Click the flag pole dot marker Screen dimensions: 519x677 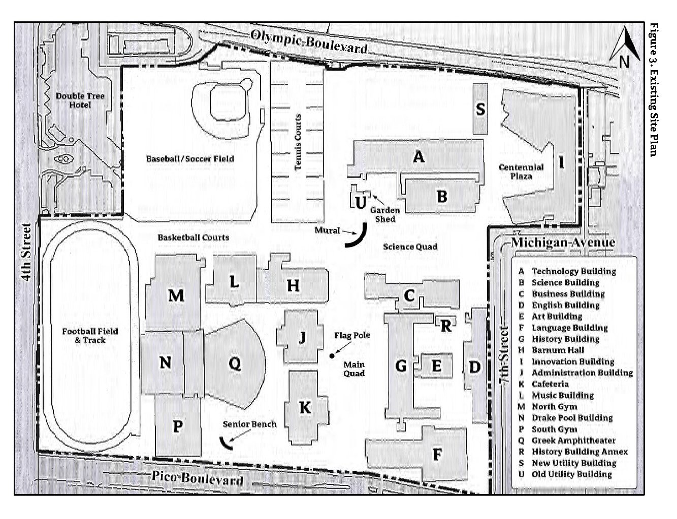click(332, 355)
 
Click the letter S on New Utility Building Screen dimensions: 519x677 click(480, 109)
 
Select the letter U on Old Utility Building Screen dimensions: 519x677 click(360, 202)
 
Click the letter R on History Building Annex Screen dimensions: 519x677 click(445, 326)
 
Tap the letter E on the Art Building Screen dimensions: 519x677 click(436, 366)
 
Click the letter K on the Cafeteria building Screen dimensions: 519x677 click(305, 407)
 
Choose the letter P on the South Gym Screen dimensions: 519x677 click(177, 427)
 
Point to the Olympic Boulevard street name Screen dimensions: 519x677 click(309, 42)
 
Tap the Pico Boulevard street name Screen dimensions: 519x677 click(197, 478)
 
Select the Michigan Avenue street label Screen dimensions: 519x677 click(563, 242)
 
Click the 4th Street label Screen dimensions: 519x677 click(26, 252)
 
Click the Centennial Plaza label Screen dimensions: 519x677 click(521, 172)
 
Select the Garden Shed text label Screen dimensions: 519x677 click(384, 214)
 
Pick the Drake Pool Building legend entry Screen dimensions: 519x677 click(572, 418)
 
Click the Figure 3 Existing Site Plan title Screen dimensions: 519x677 click(654, 89)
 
